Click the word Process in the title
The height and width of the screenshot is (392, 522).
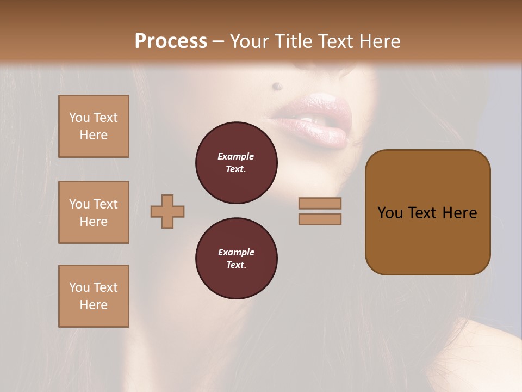tap(171, 41)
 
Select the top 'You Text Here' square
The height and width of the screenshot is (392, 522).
tap(94, 126)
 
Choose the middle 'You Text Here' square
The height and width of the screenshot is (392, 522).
tap(94, 212)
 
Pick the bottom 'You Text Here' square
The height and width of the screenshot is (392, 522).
tap(94, 296)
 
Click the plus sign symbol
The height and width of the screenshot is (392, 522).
tap(167, 211)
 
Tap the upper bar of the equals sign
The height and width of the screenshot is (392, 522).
tap(320, 203)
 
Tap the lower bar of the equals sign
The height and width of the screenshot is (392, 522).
tap(320, 219)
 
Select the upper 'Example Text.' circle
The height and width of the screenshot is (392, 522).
tap(236, 163)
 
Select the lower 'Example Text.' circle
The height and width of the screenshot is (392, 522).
tap(236, 259)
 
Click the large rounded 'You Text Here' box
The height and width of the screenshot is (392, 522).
tap(427, 212)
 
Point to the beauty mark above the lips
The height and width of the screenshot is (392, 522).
tap(277, 85)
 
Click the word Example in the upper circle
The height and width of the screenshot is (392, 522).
tap(236, 156)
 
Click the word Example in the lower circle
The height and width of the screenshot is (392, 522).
tap(236, 252)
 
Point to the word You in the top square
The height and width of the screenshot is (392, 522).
tap(79, 118)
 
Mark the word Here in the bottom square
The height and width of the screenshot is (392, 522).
tap(94, 305)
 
